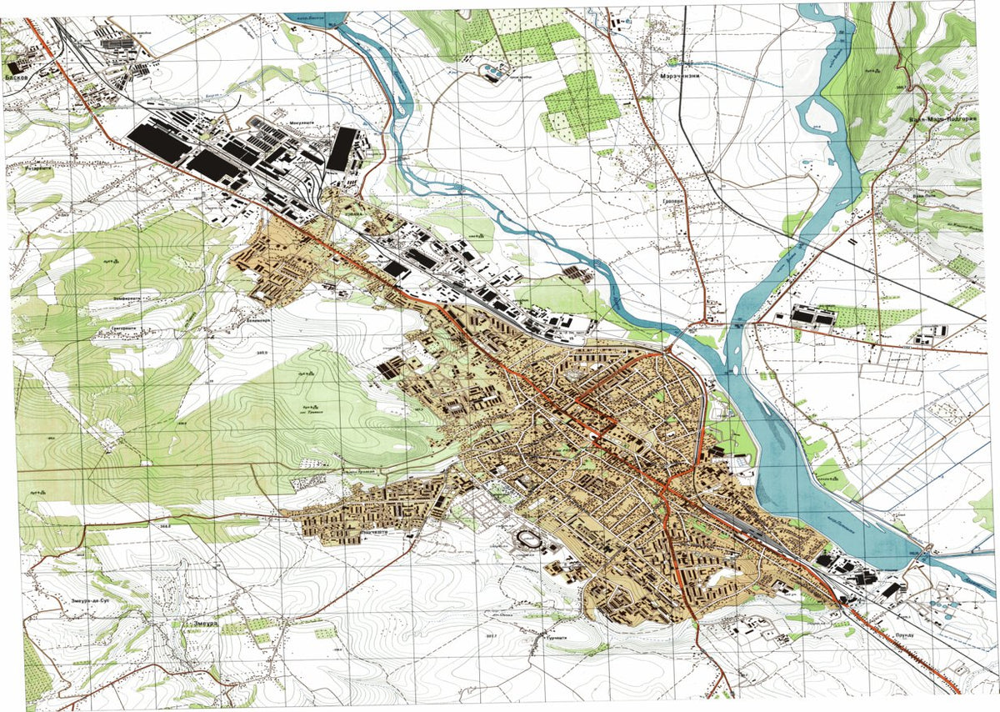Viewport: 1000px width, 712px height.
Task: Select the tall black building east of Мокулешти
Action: click(x=341, y=149)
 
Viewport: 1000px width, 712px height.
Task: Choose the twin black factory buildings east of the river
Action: click(x=812, y=317)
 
